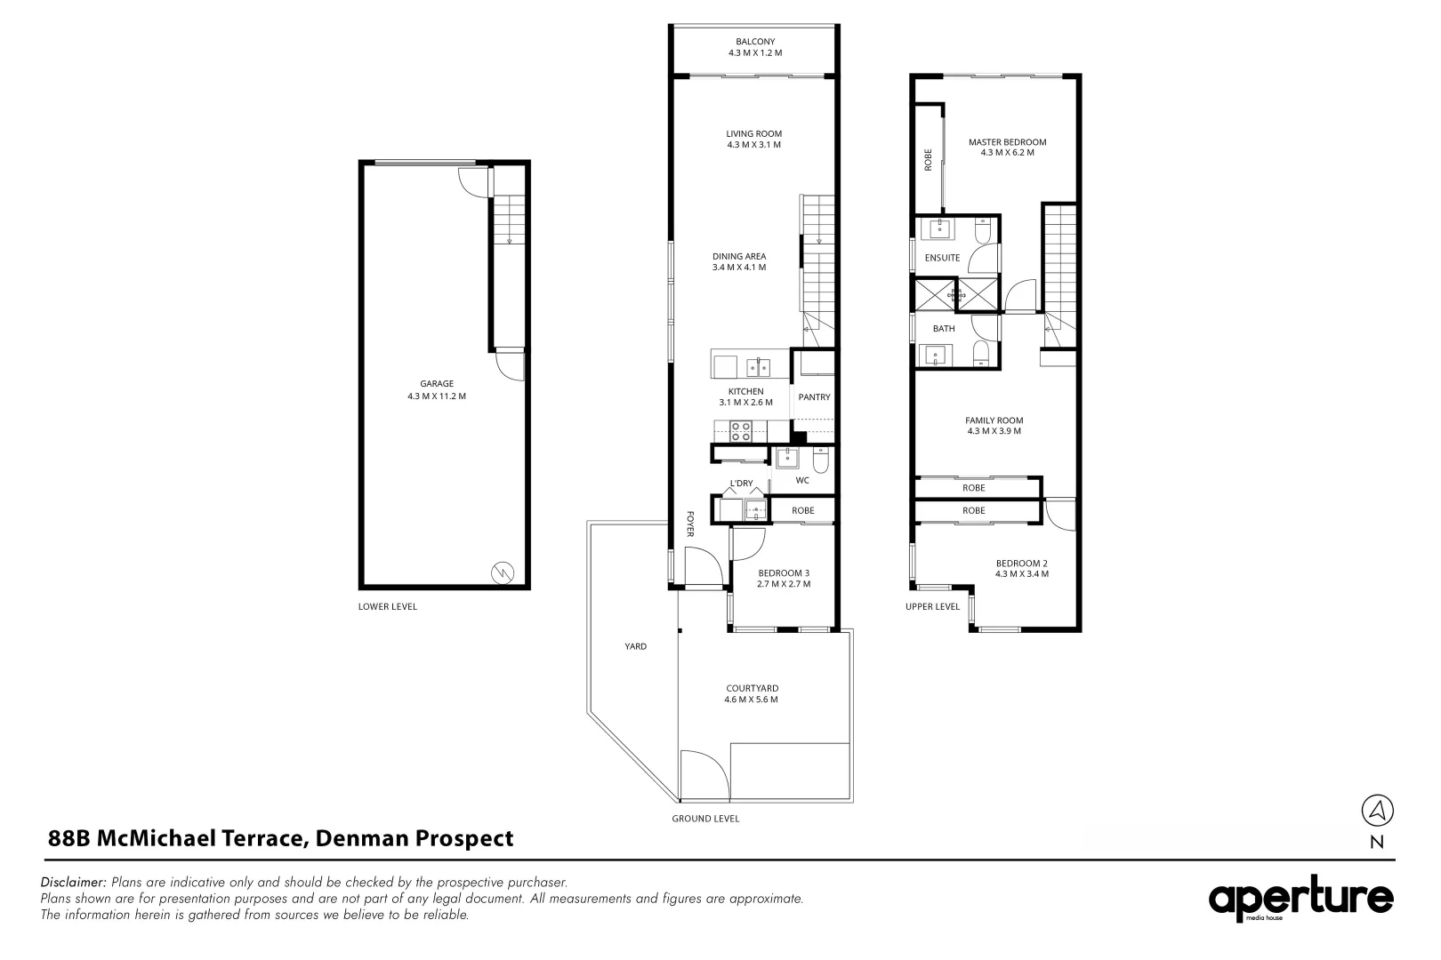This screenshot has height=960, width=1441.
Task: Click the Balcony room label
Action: (x=754, y=42)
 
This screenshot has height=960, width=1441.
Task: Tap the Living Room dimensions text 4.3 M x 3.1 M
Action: (x=753, y=145)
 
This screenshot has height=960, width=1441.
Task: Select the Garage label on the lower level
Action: (x=437, y=384)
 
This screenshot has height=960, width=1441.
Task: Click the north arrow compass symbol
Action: (x=1377, y=810)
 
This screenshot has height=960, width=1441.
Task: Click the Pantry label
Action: (x=814, y=397)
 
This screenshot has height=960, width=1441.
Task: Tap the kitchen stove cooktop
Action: (x=741, y=431)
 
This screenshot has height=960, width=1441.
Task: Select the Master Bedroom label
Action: (x=1007, y=142)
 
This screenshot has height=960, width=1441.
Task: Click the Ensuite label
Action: (x=942, y=258)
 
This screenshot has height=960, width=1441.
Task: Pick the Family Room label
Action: (x=994, y=420)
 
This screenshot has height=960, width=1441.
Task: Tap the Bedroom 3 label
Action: (x=784, y=573)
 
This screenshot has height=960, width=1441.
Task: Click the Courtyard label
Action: (x=752, y=688)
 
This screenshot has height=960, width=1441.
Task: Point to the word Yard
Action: (x=635, y=646)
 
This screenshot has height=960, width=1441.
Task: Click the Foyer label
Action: (x=689, y=524)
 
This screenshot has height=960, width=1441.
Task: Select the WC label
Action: (x=802, y=480)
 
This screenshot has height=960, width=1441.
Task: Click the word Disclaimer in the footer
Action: (x=74, y=883)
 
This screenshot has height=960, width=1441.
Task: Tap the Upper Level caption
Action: (x=932, y=606)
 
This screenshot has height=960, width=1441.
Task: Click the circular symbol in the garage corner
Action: (x=502, y=573)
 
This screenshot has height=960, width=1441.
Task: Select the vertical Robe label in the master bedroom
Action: (x=928, y=159)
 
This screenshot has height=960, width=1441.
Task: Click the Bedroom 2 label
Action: (x=1021, y=563)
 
